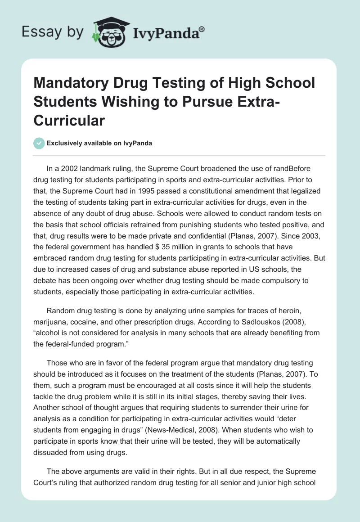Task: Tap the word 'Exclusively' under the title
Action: tap(66, 143)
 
